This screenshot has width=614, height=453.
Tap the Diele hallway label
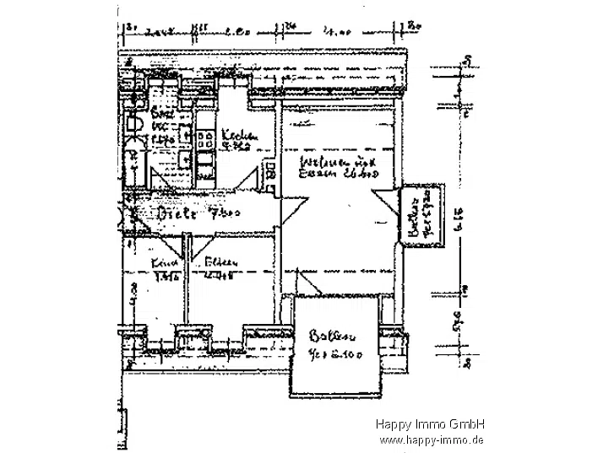tap(175, 213)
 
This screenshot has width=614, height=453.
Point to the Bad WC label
tap(160, 116)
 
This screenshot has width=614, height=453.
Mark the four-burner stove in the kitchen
tap(205, 150)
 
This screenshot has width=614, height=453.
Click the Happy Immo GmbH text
tap(430, 425)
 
